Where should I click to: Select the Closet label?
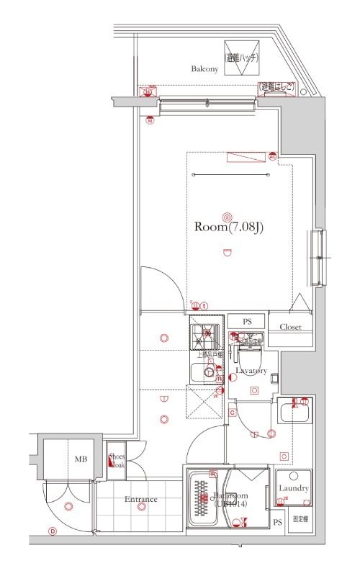[291, 326]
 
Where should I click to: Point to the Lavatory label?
[251, 371]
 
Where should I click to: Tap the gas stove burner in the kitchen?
[207, 334]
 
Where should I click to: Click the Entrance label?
[141, 500]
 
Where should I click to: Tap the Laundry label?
[294, 489]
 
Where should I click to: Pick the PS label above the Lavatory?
[247, 321]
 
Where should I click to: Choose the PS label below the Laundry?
[277, 523]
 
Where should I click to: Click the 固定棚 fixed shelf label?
[300, 518]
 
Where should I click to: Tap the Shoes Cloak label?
[116, 460]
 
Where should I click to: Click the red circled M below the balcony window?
[150, 121]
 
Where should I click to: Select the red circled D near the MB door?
[53, 532]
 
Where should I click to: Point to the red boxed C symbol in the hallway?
[233, 412]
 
